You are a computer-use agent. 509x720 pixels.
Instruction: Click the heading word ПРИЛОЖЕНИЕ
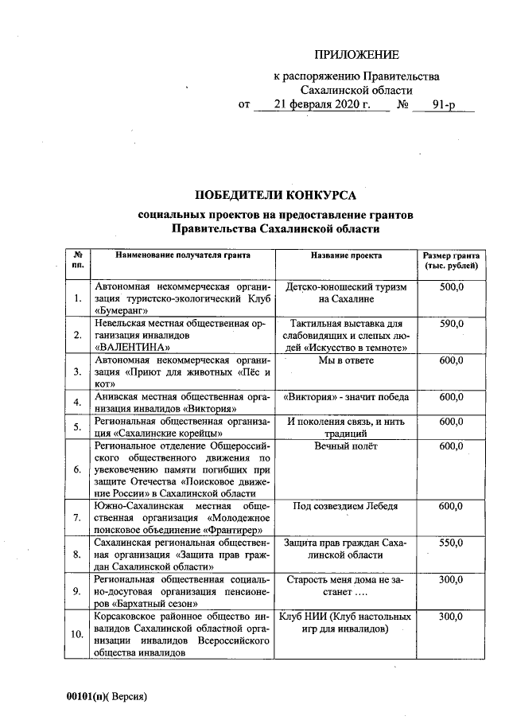pos(356,55)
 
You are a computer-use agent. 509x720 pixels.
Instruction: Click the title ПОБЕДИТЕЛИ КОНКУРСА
pos(276,195)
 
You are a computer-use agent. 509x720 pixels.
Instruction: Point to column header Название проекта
pos(346,256)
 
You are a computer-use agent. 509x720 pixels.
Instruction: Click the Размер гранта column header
pos(451,260)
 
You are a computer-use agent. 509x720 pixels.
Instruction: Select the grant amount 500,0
pos(451,286)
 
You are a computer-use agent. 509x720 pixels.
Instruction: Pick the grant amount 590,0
pos(451,324)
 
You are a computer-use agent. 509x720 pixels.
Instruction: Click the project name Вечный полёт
pos(346,446)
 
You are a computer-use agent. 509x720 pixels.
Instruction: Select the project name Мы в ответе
pos(346,361)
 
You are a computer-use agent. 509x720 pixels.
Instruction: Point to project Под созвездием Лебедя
pos(346,506)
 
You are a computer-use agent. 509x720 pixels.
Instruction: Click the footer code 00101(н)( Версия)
pos(107,695)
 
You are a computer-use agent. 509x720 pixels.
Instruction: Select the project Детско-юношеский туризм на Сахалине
pos(346,292)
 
